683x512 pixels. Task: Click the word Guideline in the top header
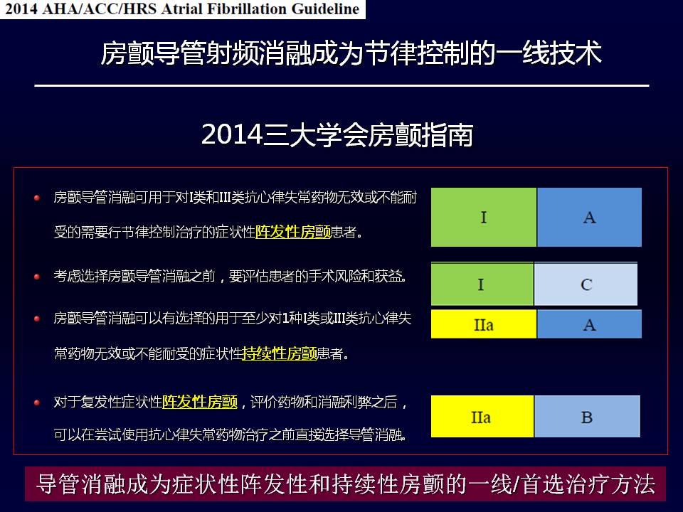pyautogui.click(x=325, y=9)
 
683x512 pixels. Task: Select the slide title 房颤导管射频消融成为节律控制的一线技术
pyautogui.click(x=351, y=53)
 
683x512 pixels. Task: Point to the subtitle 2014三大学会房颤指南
pyautogui.click(x=337, y=134)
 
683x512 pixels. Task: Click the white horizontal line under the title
pyautogui.click(x=342, y=86)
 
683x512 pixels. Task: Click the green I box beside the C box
pyautogui.click(x=482, y=284)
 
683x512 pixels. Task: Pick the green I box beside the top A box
pyautogui.click(x=484, y=218)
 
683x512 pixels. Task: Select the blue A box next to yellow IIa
pyautogui.click(x=589, y=324)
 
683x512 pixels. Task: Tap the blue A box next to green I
pyautogui.click(x=589, y=218)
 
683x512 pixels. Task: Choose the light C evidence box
pyautogui.click(x=586, y=284)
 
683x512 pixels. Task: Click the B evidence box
pyautogui.click(x=587, y=416)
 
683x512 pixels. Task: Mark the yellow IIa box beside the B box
pyautogui.click(x=482, y=416)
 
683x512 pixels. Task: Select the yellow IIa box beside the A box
pyautogui.click(x=484, y=324)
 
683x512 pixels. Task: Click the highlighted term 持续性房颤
pyautogui.click(x=280, y=353)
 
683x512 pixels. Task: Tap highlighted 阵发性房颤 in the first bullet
pyautogui.click(x=293, y=232)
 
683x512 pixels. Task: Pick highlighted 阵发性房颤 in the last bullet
pyautogui.click(x=200, y=401)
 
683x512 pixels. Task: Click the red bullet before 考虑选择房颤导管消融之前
pyautogui.click(x=37, y=277)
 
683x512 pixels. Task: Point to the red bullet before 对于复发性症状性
pyautogui.click(x=37, y=402)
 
